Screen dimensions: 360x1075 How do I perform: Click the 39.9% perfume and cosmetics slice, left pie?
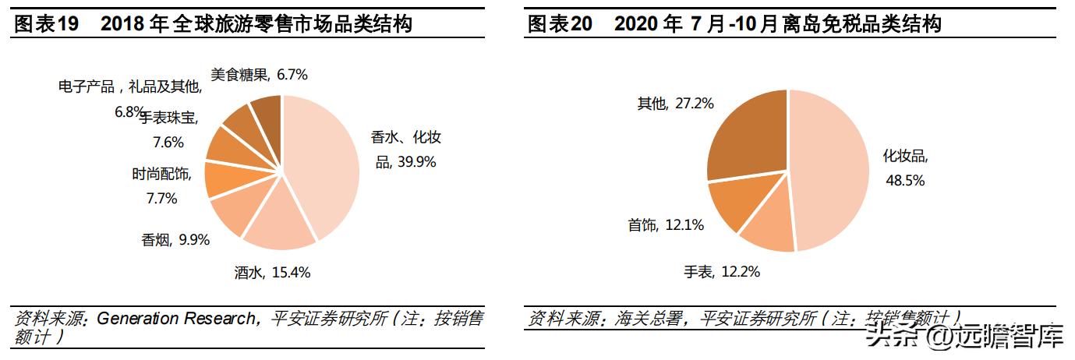[x=324, y=164]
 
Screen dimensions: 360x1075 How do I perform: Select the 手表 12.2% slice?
[x=769, y=227]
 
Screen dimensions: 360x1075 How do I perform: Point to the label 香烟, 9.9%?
[x=175, y=240]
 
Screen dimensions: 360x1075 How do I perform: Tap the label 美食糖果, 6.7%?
[x=259, y=75]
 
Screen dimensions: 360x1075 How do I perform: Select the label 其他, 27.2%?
[x=675, y=103]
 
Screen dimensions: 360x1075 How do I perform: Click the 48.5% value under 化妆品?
[x=904, y=181]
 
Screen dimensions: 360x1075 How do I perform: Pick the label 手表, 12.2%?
[x=721, y=272]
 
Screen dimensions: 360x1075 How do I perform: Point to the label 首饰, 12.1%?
[x=665, y=225]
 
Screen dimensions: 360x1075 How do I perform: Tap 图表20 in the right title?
[x=560, y=24]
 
